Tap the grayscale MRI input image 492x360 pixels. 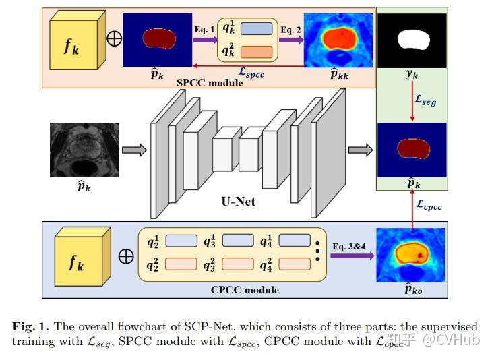[x=84, y=150]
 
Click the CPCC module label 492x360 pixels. [x=244, y=291]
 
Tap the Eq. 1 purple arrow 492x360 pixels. [x=204, y=40]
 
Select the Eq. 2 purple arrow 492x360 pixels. [x=290, y=40]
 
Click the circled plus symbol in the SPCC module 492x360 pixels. [x=114, y=38]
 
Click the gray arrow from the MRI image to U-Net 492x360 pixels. [x=137, y=150]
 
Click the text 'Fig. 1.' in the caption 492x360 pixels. [x=30, y=326]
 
